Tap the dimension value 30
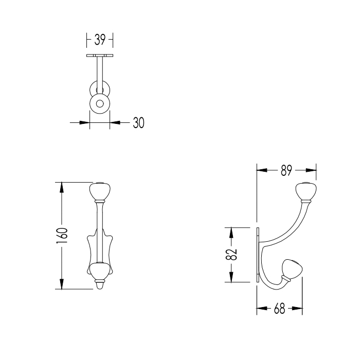point(139,123)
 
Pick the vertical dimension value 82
point(232,255)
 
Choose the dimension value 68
point(279,310)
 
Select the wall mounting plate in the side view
point(257,254)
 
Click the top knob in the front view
point(100,192)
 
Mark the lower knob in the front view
point(100,270)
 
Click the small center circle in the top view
point(100,103)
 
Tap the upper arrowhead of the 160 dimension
point(62,186)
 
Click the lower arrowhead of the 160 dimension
point(62,285)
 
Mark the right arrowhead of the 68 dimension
point(298,310)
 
